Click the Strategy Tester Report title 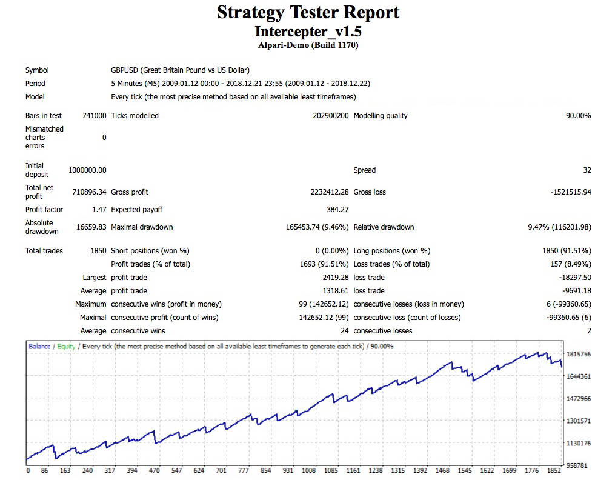coord(308,12)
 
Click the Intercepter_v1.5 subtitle coord(308,31)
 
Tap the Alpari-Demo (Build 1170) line coord(308,45)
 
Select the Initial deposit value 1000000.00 coord(83,170)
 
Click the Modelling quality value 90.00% coord(578,116)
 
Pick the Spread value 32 coord(587,170)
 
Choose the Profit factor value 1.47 coord(98,210)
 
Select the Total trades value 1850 coord(97,251)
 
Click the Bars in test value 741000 coord(94,116)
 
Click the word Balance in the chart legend coord(39,347)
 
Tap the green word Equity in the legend coord(66,347)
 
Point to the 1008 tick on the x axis coord(308,470)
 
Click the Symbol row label coord(37,70)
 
